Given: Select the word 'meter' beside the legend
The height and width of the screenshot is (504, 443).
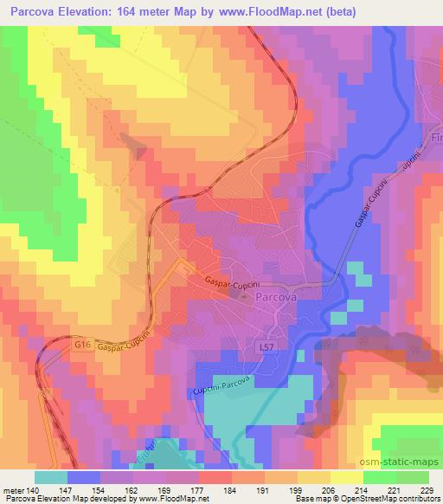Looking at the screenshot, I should coord(14,489).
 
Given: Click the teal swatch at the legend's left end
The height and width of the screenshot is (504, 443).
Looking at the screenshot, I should coord(51,477).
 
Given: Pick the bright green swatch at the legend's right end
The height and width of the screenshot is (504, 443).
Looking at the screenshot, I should coord(412,477).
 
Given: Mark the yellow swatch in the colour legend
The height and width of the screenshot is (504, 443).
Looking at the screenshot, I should coord(347,477).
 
